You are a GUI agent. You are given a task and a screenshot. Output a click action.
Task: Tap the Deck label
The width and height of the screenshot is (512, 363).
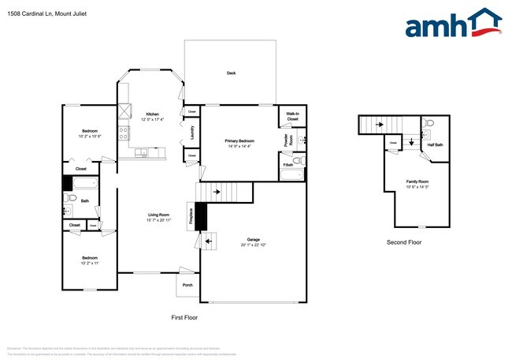231,73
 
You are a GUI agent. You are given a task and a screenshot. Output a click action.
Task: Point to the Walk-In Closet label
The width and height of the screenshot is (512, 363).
291,117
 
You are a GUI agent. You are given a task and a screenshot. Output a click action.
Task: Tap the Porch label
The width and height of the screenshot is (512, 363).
187,285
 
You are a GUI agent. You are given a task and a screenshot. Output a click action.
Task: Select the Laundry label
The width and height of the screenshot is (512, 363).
193,133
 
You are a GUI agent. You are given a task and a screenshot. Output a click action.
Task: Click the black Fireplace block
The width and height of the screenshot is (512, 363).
200,215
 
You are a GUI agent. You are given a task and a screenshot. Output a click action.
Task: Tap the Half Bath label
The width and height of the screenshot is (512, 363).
435,144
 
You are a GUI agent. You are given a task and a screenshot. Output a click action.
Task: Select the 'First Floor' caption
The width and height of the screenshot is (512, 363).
184,317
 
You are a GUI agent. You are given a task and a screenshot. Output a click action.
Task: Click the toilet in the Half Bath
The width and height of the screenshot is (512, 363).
429,124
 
